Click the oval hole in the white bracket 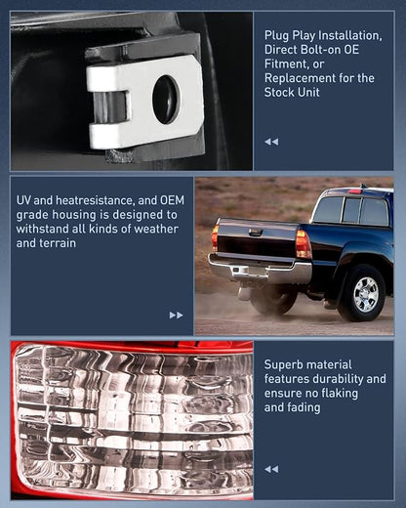(x=166, y=100)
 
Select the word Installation (x=349, y=35)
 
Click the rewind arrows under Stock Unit (x=271, y=142)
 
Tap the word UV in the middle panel (x=23, y=200)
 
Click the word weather (x=156, y=229)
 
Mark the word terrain (x=60, y=243)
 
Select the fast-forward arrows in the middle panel (x=176, y=315)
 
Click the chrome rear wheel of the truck (x=366, y=294)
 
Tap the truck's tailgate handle (x=256, y=233)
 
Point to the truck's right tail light (x=304, y=244)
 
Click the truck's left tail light (x=215, y=237)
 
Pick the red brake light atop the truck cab (x=354, y=191)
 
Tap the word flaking (x=338, y=393)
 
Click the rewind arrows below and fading (x=271, y=469)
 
